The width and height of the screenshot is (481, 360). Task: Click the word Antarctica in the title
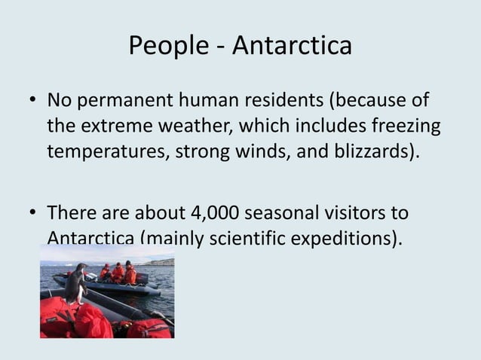292,46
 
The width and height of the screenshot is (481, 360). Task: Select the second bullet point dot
34,214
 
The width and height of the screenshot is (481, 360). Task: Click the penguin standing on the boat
75,285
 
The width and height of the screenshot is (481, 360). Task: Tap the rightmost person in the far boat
130,273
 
